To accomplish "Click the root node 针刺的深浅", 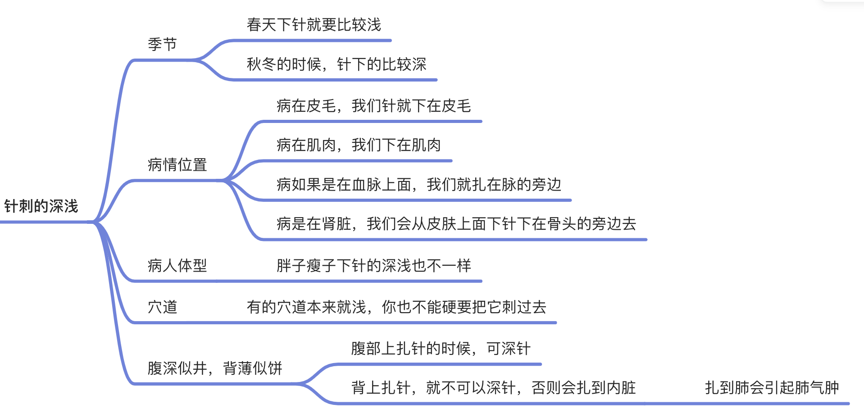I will coord(41,206).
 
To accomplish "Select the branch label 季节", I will coord(162,44).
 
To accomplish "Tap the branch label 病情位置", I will coord(177,165).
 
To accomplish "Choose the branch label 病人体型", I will coord(177,266).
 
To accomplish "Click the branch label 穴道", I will coord(162,307).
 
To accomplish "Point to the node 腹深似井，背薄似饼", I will coord(214,368).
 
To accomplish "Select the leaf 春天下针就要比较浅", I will coord(314,25).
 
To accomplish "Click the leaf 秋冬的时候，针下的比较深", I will coord(336,64).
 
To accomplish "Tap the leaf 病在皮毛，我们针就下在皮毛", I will coord(373,106).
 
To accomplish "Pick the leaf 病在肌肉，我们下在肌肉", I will coord(359,145).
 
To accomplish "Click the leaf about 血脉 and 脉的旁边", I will coord(418,185).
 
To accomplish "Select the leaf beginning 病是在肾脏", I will coord(456,224).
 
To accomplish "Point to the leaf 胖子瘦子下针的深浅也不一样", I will coord(373,266).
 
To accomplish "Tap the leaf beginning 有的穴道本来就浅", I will coord(396,307).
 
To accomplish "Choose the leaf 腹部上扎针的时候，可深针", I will coord(441,349).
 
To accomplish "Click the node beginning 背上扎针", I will coord(493,388).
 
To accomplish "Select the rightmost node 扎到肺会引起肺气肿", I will coord(771,388).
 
